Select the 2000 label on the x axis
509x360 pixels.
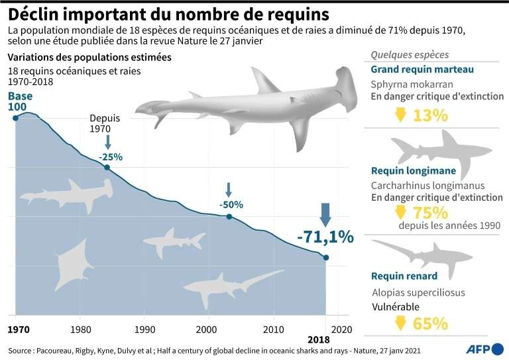click(209, 329)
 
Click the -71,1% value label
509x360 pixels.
click(325, 237)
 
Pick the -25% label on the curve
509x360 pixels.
click(111, 156)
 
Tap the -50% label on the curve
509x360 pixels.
click(231, 204)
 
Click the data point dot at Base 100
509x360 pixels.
click(15, 118)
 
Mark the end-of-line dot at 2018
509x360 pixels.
click(325, 257)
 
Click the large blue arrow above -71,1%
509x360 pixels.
click(325, 215)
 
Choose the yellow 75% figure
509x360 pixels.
click(430, 213)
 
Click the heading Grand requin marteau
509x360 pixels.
click(422, 70)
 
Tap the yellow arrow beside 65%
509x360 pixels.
click(400, 324)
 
